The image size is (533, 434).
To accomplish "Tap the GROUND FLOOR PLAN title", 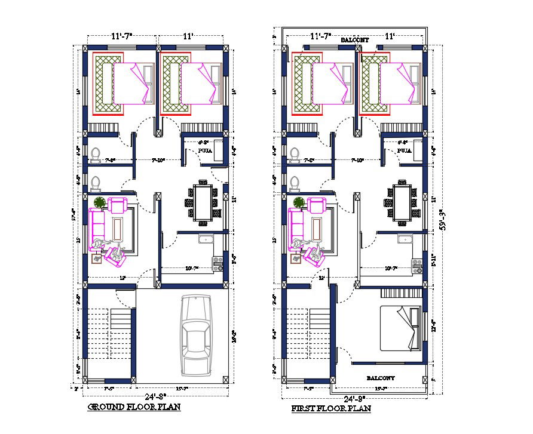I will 134,407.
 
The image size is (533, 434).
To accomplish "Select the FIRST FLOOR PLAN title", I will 330,408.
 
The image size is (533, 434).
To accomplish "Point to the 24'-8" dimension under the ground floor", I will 157,396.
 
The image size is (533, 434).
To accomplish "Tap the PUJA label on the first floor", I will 404,151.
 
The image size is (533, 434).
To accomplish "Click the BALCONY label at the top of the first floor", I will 354,40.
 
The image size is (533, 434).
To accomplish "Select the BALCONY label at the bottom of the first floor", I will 380,378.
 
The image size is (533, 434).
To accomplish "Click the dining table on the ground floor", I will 204,204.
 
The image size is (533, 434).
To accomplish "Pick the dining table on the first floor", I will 402,204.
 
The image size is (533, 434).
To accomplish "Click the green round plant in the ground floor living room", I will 99,202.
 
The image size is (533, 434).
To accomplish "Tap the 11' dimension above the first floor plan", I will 390,36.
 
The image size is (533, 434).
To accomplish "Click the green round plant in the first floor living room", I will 298,202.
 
